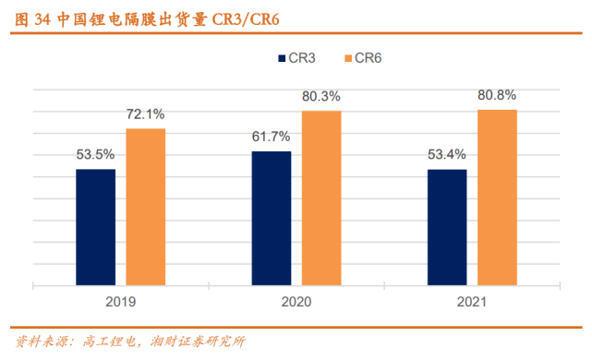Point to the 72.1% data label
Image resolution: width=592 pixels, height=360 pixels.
[x=146, y=114]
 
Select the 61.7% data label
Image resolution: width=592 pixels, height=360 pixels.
[x=272, y=138]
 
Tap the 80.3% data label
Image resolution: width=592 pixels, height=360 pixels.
[x=321, y=96]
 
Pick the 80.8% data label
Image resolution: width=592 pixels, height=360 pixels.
[x=497, y=95]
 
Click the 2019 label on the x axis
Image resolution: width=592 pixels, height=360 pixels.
[x=120, y=302]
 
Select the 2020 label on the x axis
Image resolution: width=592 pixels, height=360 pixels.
[x=296, y=302]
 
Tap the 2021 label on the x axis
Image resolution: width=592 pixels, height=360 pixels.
[x=472, y=302]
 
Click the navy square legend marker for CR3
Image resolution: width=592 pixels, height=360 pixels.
[x=282, y=58]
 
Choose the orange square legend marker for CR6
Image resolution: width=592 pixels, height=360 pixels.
[x=347, y=58]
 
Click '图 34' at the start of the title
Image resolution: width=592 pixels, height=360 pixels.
[x=30, y=17]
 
